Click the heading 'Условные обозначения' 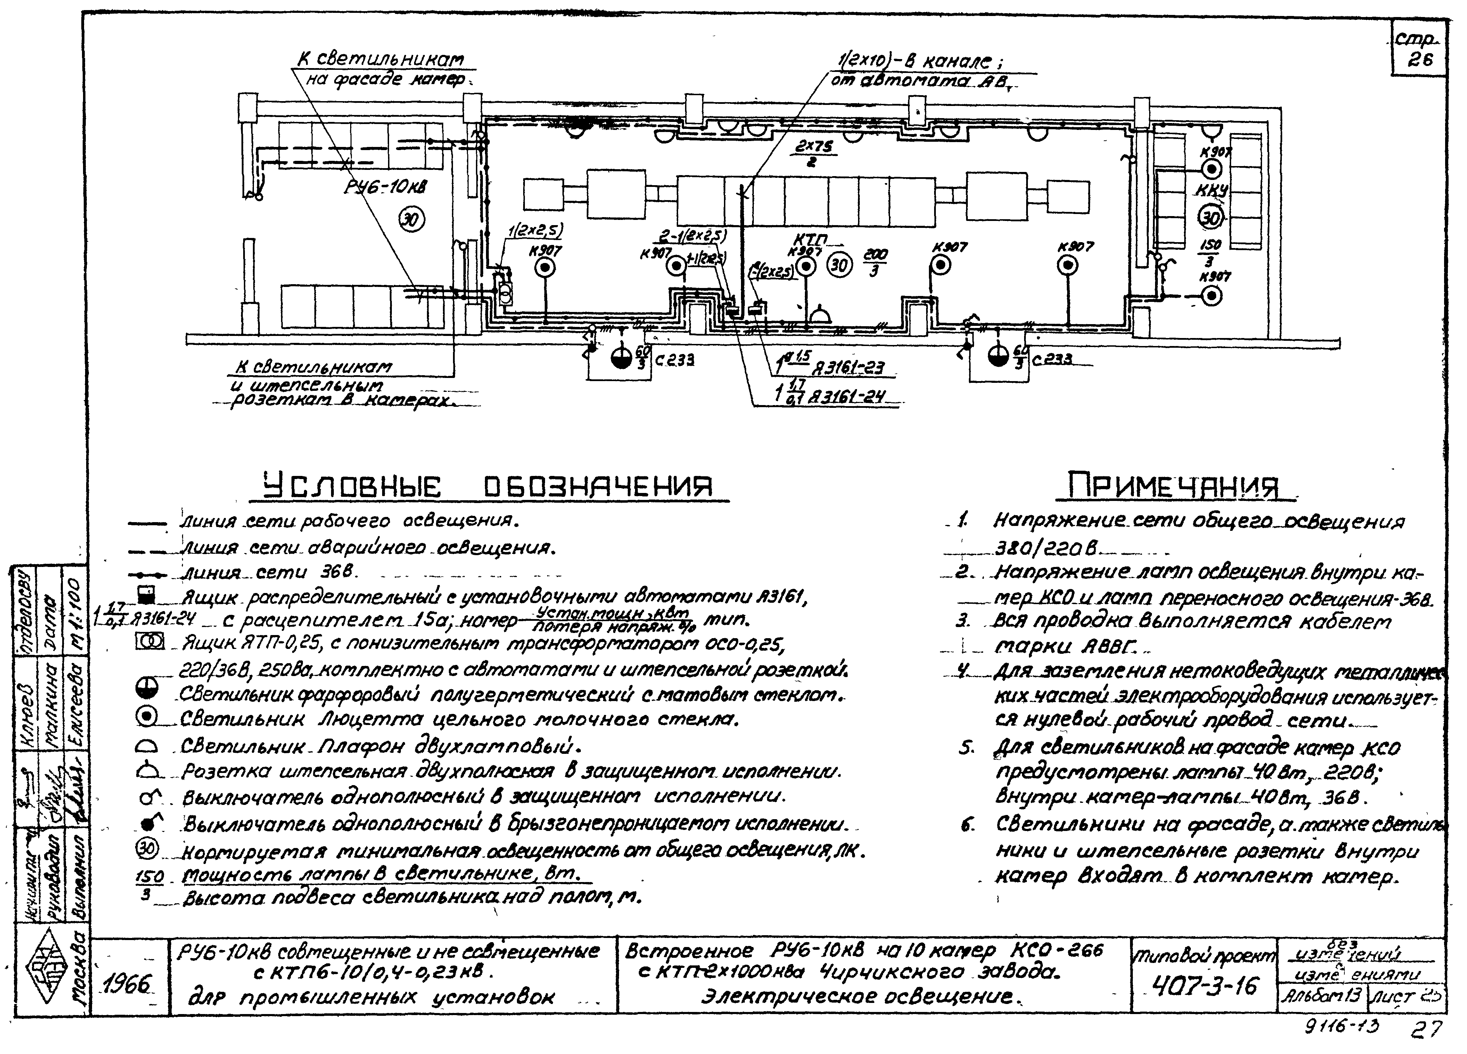coord(488,487)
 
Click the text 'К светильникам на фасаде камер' coord(382,69)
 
